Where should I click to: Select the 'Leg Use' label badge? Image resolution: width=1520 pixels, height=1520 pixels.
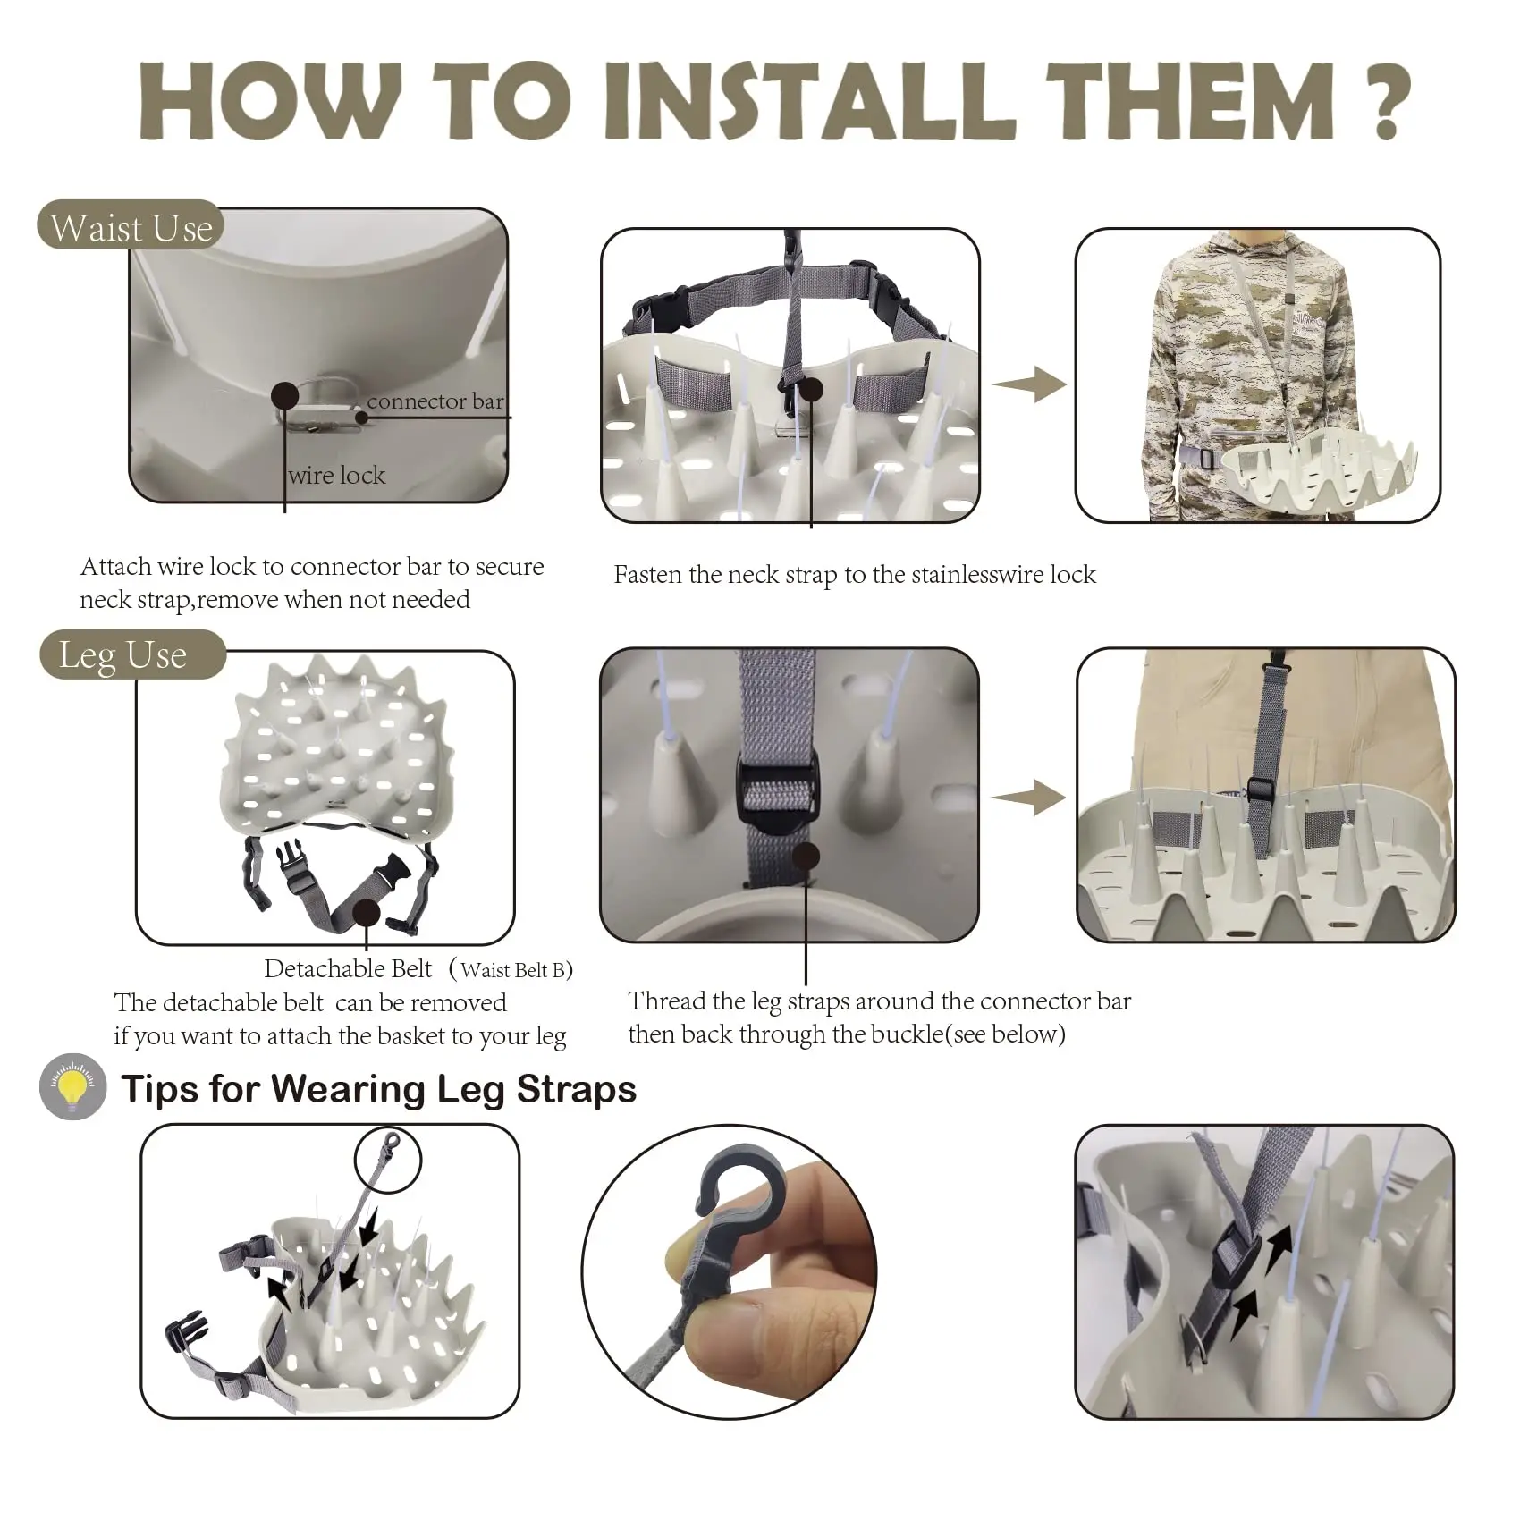(x=131, y=655)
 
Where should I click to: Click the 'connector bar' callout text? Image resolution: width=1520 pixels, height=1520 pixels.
(x=435, y=401)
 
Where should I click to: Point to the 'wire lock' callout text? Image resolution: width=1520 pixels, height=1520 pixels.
(x=337, y=475)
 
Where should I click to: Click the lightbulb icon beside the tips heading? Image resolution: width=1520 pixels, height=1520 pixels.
(x=73, y=1086)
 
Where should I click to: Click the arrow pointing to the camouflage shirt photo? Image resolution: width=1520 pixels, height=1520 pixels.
(x=1029, y=384)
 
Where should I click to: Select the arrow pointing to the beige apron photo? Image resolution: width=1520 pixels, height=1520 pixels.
(x=1029, y=796)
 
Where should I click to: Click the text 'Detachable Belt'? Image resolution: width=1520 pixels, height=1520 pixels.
(x=348, y=969)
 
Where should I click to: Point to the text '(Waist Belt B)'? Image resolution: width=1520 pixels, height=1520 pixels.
(x=511, y=969)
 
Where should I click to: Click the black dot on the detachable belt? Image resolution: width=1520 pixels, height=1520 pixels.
(x=367, y=913)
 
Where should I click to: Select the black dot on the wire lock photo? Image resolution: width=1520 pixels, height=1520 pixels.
(x=285, y=395)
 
